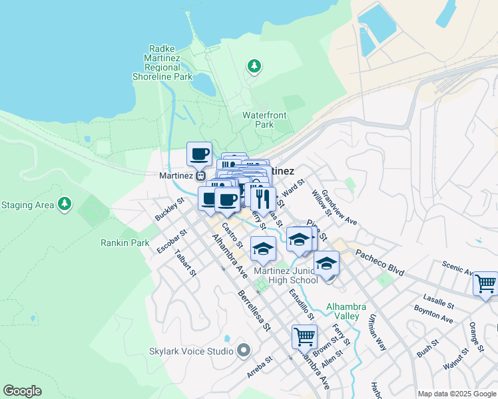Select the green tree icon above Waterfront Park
(254, 66)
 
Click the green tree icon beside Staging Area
(65, 204)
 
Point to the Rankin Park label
(125, 243)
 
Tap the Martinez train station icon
(200, 176)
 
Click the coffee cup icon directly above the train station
(199, 154)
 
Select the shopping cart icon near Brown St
(304, 336)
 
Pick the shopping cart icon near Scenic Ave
(485, 283)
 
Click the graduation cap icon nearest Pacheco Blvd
(326, 263)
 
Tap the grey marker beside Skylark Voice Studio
(243, 350)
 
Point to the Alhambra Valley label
(346, 311)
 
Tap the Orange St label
(475, 336)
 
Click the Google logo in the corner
(23, 390)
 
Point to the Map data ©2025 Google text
(456, 394)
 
